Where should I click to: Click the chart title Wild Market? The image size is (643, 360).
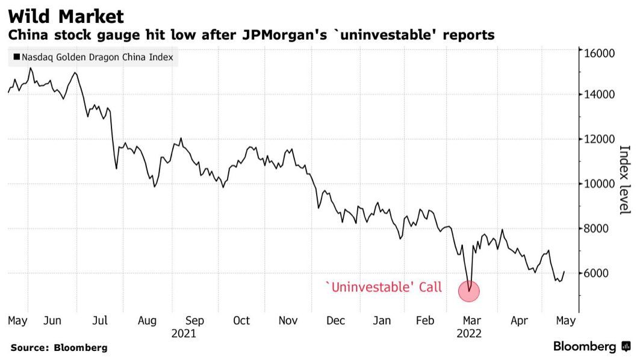[66, 16]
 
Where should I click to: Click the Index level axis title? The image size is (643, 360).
[624, 179]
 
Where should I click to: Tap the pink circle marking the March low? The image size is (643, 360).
[468, 292]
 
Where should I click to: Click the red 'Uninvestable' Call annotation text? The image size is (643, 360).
[383, 288]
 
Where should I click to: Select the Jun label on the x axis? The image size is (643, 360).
[52, 321]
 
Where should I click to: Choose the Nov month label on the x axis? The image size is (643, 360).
[288, 321]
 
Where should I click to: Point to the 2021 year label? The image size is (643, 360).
[184, 333]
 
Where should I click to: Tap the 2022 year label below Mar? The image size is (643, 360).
[469, 333]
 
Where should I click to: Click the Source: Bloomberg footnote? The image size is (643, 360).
[58, 347]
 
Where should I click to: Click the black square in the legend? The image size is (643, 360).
[16, 58]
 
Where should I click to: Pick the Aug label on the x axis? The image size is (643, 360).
[147, 321]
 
